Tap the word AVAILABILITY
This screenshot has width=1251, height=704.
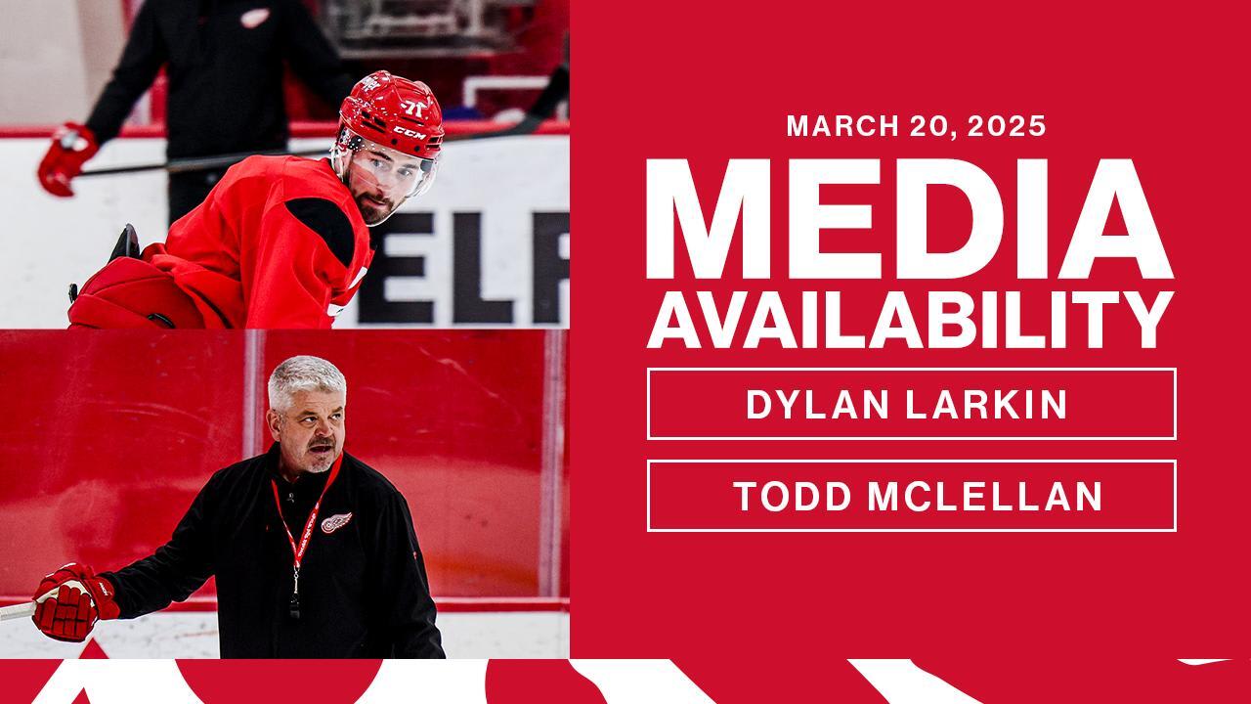[909, 319]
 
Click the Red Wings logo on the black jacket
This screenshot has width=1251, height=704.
[337, 522]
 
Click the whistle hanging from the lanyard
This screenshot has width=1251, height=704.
[294, 607]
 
